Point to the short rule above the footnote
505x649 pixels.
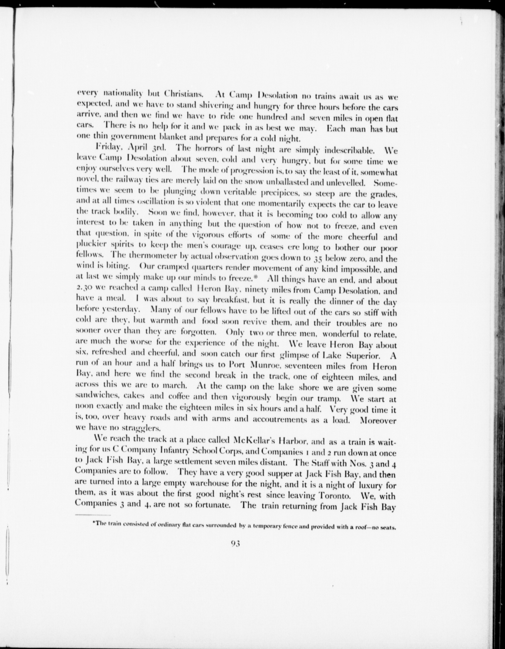point(93,515)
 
